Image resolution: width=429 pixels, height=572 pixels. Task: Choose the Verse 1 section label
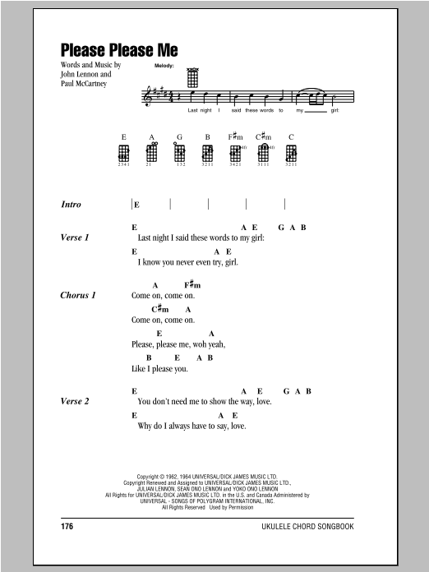75,238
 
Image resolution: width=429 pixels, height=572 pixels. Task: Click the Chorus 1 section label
79,295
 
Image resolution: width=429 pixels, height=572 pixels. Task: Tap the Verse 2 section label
75,401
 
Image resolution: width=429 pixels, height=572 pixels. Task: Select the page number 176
69,524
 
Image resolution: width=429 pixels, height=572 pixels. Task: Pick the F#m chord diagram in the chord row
237,153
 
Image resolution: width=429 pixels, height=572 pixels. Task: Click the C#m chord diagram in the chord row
264,153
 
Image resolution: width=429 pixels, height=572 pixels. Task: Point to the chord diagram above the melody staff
193,78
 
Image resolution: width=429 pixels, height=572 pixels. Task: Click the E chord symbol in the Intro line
137,204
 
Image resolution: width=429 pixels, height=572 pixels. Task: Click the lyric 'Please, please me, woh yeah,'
178,344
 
